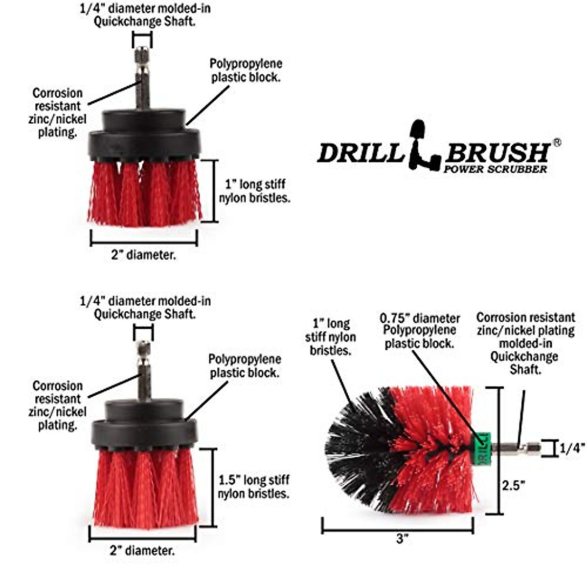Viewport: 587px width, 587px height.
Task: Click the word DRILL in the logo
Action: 360,153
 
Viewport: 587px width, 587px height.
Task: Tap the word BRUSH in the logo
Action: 497,153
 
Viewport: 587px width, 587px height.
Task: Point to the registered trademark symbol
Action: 556,142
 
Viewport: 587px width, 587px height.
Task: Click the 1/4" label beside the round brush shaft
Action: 572,448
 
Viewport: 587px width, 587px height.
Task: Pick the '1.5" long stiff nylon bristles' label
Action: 253,487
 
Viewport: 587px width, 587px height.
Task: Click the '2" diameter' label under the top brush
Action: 143,255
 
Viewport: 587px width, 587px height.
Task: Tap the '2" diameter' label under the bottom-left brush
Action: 142,550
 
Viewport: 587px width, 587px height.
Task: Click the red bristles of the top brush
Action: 144,193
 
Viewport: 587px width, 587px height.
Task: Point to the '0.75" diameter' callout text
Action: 420,318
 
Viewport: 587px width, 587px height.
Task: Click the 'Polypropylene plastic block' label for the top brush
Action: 246,70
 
